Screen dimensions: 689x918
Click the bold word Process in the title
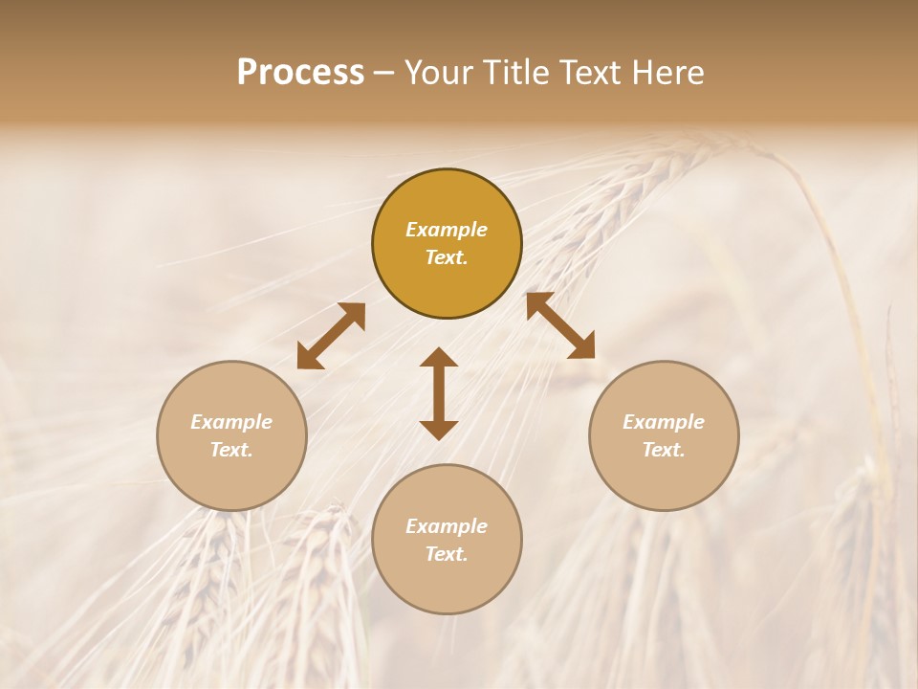click(300, 73)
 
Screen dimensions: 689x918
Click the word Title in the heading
click(512, 73)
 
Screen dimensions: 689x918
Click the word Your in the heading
click(437, 73)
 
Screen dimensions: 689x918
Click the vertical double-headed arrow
click(439, 393)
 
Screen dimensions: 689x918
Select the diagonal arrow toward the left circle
click(331, 336)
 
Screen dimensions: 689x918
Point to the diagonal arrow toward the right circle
click(560, 325)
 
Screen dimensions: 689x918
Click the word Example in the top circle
click(447, 230)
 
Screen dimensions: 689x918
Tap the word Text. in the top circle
click(447, 257)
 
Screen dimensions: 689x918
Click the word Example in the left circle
click(231, 422)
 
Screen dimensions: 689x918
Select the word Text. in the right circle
click(664, 450)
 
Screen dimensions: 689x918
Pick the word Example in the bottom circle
click(447, 526)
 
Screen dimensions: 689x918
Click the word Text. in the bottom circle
click(447, 554)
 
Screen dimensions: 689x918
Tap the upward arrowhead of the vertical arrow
click(439, 359)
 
